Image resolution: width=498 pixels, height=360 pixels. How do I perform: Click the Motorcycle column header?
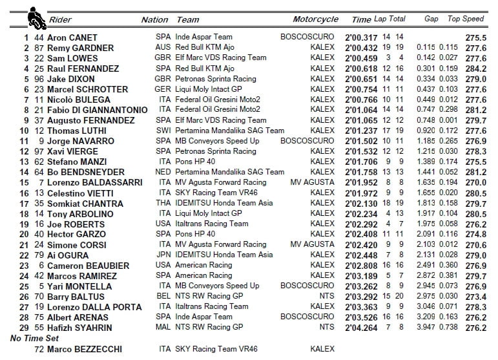(315, 19)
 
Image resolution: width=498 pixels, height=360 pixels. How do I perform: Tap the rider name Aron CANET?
(77, 37)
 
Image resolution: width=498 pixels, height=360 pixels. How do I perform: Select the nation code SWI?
(163, 131)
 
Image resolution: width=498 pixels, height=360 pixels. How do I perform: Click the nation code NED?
(163, 172)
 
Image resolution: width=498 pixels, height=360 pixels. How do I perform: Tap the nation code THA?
(163, 203)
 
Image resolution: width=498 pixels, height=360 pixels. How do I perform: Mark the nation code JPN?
(163, 255)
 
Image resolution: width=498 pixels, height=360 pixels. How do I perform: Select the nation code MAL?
(163, 328)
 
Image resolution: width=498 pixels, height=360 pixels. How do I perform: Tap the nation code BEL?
(163, 297)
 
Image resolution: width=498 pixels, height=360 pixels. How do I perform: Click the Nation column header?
(154, 19)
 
